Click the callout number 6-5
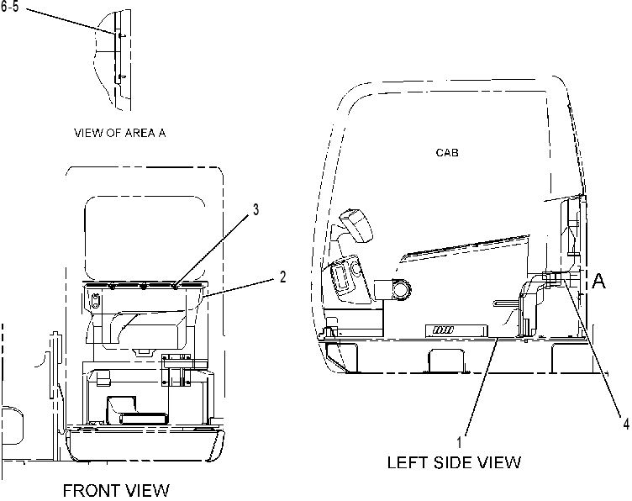pyautogui.click(x=9, y=7)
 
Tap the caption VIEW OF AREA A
pyautogui.click(x=119, y=133)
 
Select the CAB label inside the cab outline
pyautogui.click(x=447, y=153)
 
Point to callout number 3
pyautogui.click(x=255, y=210)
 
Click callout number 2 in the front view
pyautogui.click(x=282, y=277)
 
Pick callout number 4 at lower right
pyautogui.click(x=626, y=424)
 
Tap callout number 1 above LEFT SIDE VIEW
pyautogui.click(x=459, y=442)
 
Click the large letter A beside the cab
pyautogui.click(x=598, y=281)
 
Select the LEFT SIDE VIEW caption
pyautogui.click(x=454, y=462)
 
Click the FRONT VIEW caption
pyautogui.click(x=116, y=491)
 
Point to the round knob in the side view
pyautogui.click(x=402, y=289)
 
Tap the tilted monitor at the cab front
pyautogui.click(x=356, y=225)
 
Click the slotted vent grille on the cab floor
pyautogui.click(x=444, y=330)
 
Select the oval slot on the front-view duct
pyautogui.click(x=95, y=301)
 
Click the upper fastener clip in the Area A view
pyautogui.click(x=123, y=36)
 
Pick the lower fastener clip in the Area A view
pyautogui.click(x=123, y=76)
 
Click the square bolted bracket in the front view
pyautogui.click(x=176, y=370)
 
